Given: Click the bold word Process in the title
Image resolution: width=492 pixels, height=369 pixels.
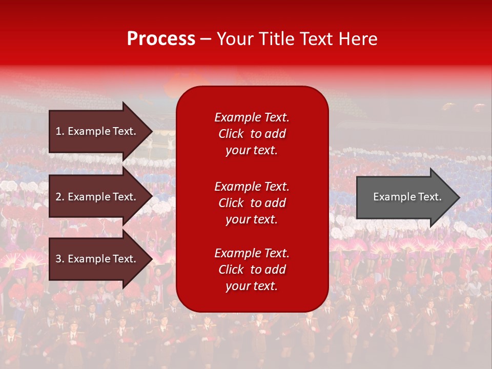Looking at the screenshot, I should point(161,39).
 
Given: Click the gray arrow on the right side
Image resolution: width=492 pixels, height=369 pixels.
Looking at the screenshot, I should point(405,197).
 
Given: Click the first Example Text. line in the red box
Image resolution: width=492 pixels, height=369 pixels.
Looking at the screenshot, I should point(252,117).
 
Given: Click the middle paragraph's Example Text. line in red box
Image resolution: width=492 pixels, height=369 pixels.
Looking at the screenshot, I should point(252,187).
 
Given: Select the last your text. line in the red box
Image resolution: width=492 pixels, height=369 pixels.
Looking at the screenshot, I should point(252,286).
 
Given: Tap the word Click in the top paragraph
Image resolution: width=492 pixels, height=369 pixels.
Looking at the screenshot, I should point(231,134).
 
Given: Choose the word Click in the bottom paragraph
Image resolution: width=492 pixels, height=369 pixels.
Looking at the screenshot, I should point(231,270).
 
